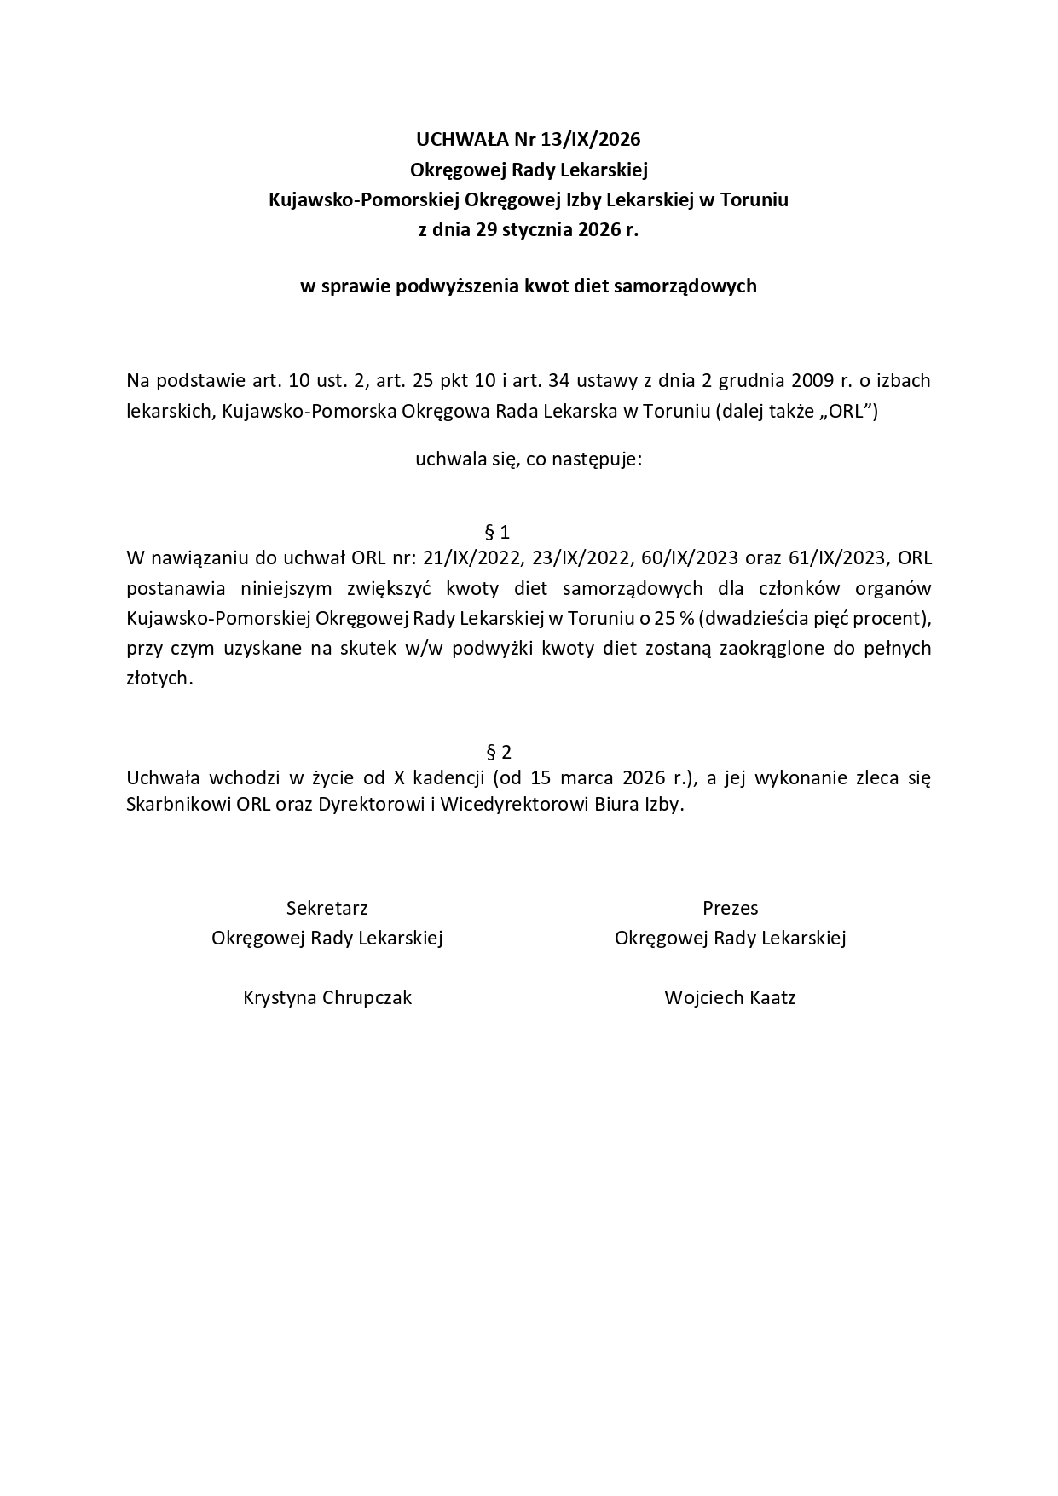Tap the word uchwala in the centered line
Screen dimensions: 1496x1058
click(x=444, y=459)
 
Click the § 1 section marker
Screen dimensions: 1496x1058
click(x=497, y=533)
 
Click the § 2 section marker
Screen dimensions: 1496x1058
click(x=498, y=752)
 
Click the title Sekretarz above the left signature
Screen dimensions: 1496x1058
click(x=327, y=908)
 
